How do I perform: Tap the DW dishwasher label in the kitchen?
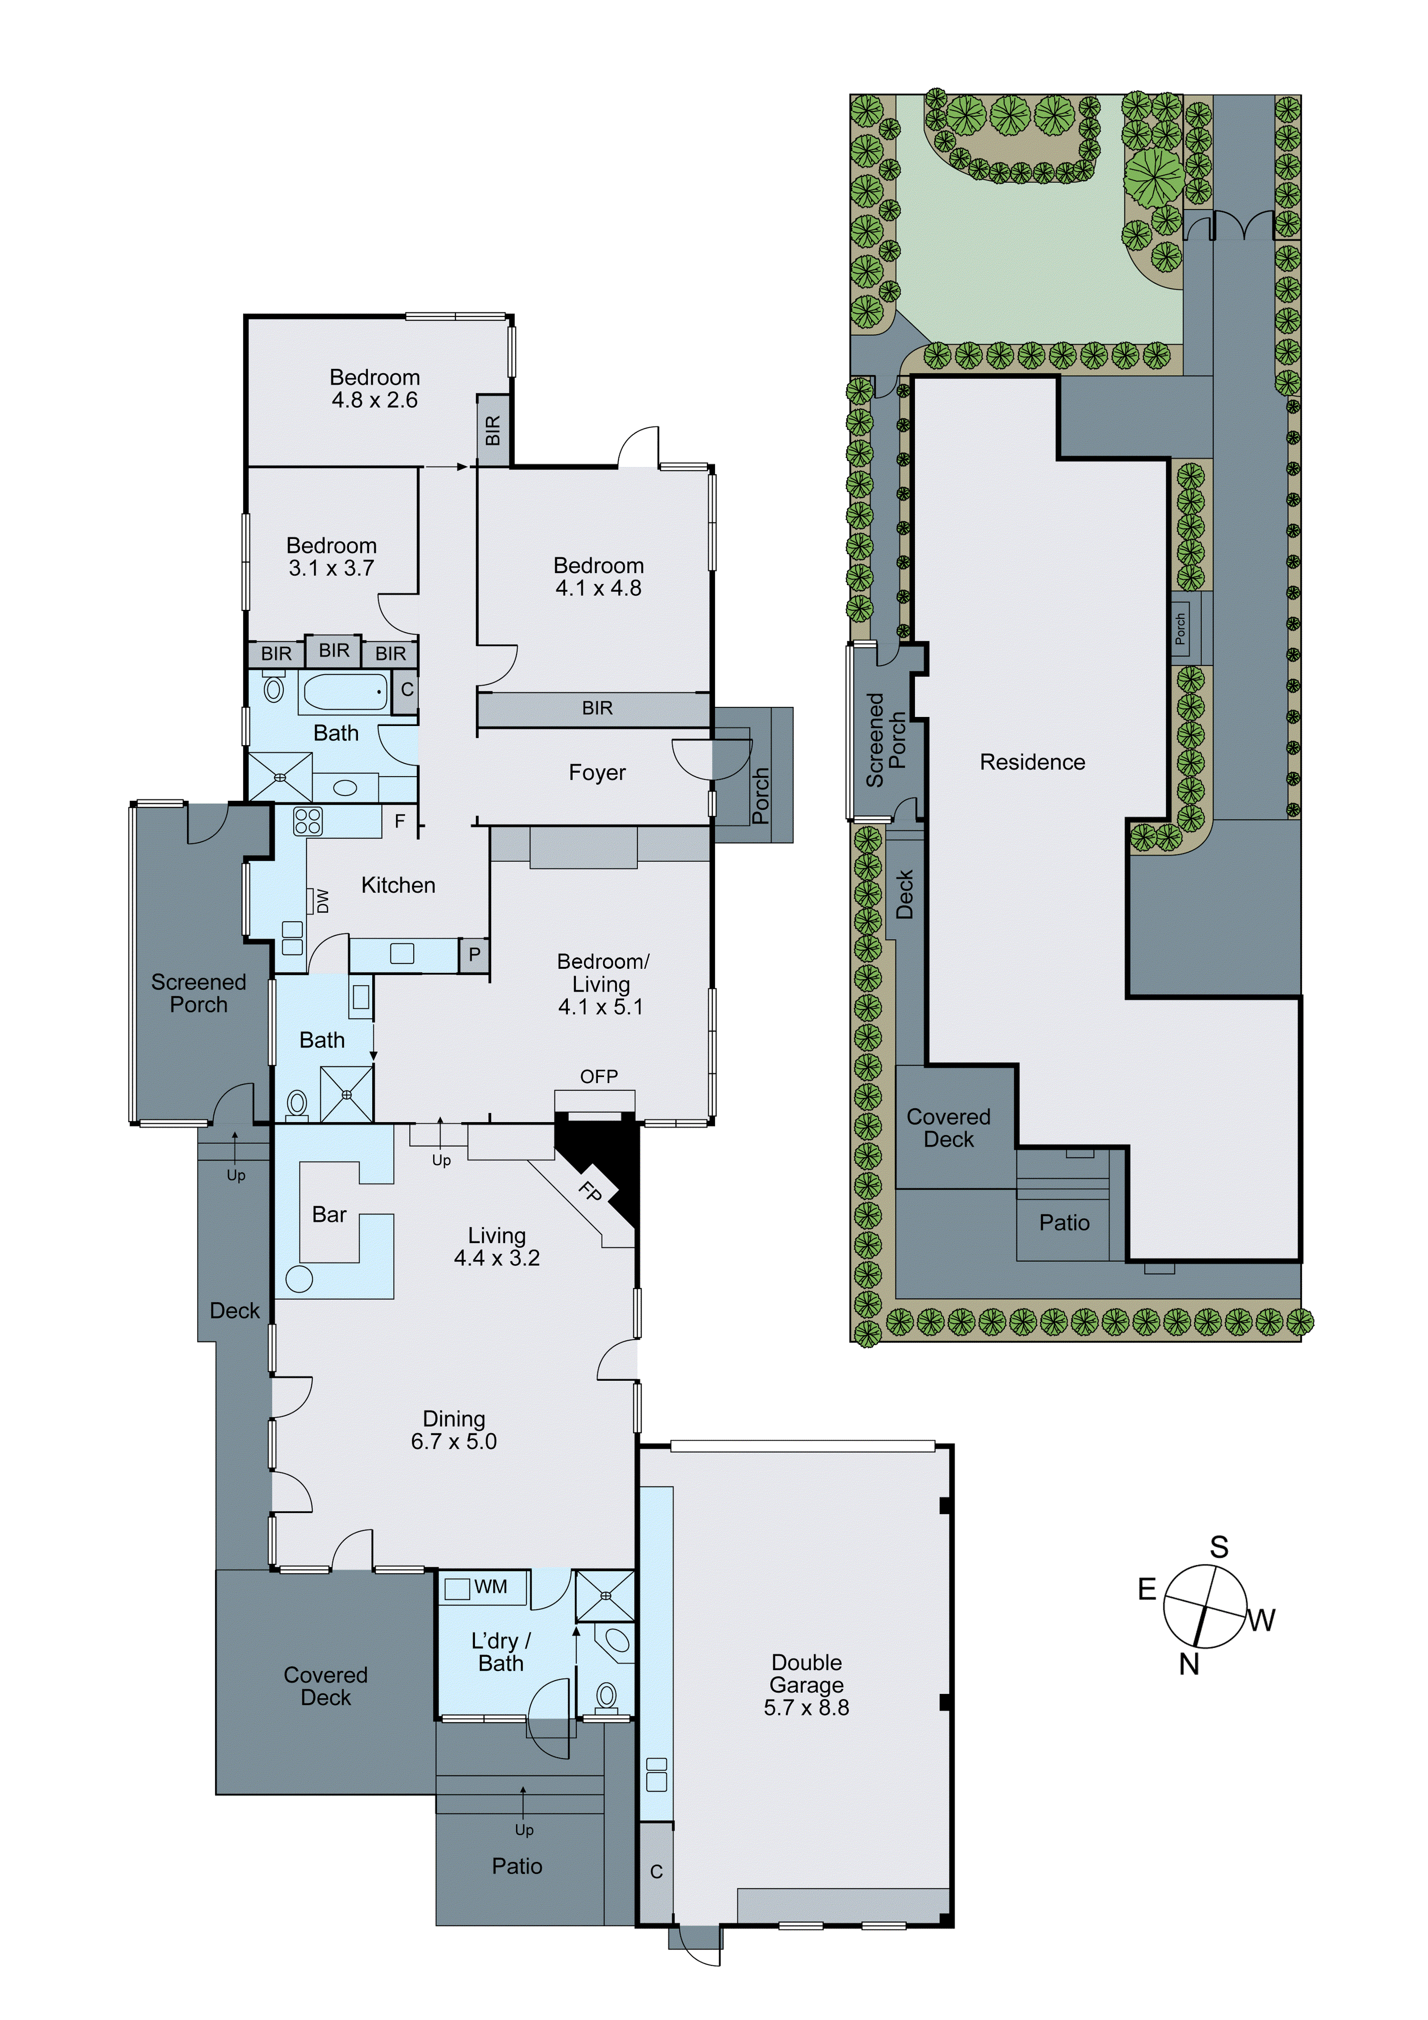[x=323, y=901]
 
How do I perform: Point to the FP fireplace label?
[x=590, y=1192]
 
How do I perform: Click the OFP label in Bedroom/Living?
[x=598, y=1076]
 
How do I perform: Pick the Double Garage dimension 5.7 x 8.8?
[x=806, y=1708]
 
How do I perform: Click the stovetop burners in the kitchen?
[x=308, y=821]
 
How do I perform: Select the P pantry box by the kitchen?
[x=474, y=955]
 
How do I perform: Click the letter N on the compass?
[x=1189, y=1664]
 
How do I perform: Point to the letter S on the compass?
[x=1219, y=1547]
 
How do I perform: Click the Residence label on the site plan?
[x=1032, y=762]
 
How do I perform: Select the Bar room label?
[x=329, y=1214]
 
